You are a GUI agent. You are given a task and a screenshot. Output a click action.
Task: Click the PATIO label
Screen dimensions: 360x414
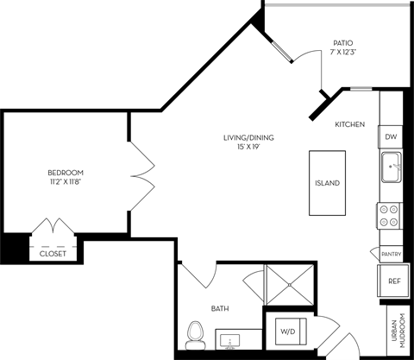tap(342, 42)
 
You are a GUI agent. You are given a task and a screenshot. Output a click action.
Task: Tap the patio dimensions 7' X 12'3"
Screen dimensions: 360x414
tap(342, 54)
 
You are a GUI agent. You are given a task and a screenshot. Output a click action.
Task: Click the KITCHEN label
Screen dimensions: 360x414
tap(350, 124)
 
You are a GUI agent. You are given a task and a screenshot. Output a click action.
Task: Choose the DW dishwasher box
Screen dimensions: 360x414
tap(391, 137)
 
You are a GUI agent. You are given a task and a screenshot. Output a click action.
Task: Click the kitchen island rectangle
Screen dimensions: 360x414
tap(327, 183)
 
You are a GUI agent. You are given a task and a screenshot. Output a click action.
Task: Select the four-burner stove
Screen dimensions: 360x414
tap(390, 215)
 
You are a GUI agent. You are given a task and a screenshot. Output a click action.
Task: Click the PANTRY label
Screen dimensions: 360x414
tap(391, 254)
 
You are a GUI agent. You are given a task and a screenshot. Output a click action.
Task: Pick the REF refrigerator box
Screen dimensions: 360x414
tap(393, 281)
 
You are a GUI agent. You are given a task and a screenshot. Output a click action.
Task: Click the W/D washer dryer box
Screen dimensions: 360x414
tap(285, 331)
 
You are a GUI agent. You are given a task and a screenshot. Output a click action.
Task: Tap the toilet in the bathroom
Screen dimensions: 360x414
tap(195, 332)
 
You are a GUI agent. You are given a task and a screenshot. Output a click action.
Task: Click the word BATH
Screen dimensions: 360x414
tap(220, 307)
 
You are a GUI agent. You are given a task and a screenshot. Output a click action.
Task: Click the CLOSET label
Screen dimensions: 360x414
tap(53, 254)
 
